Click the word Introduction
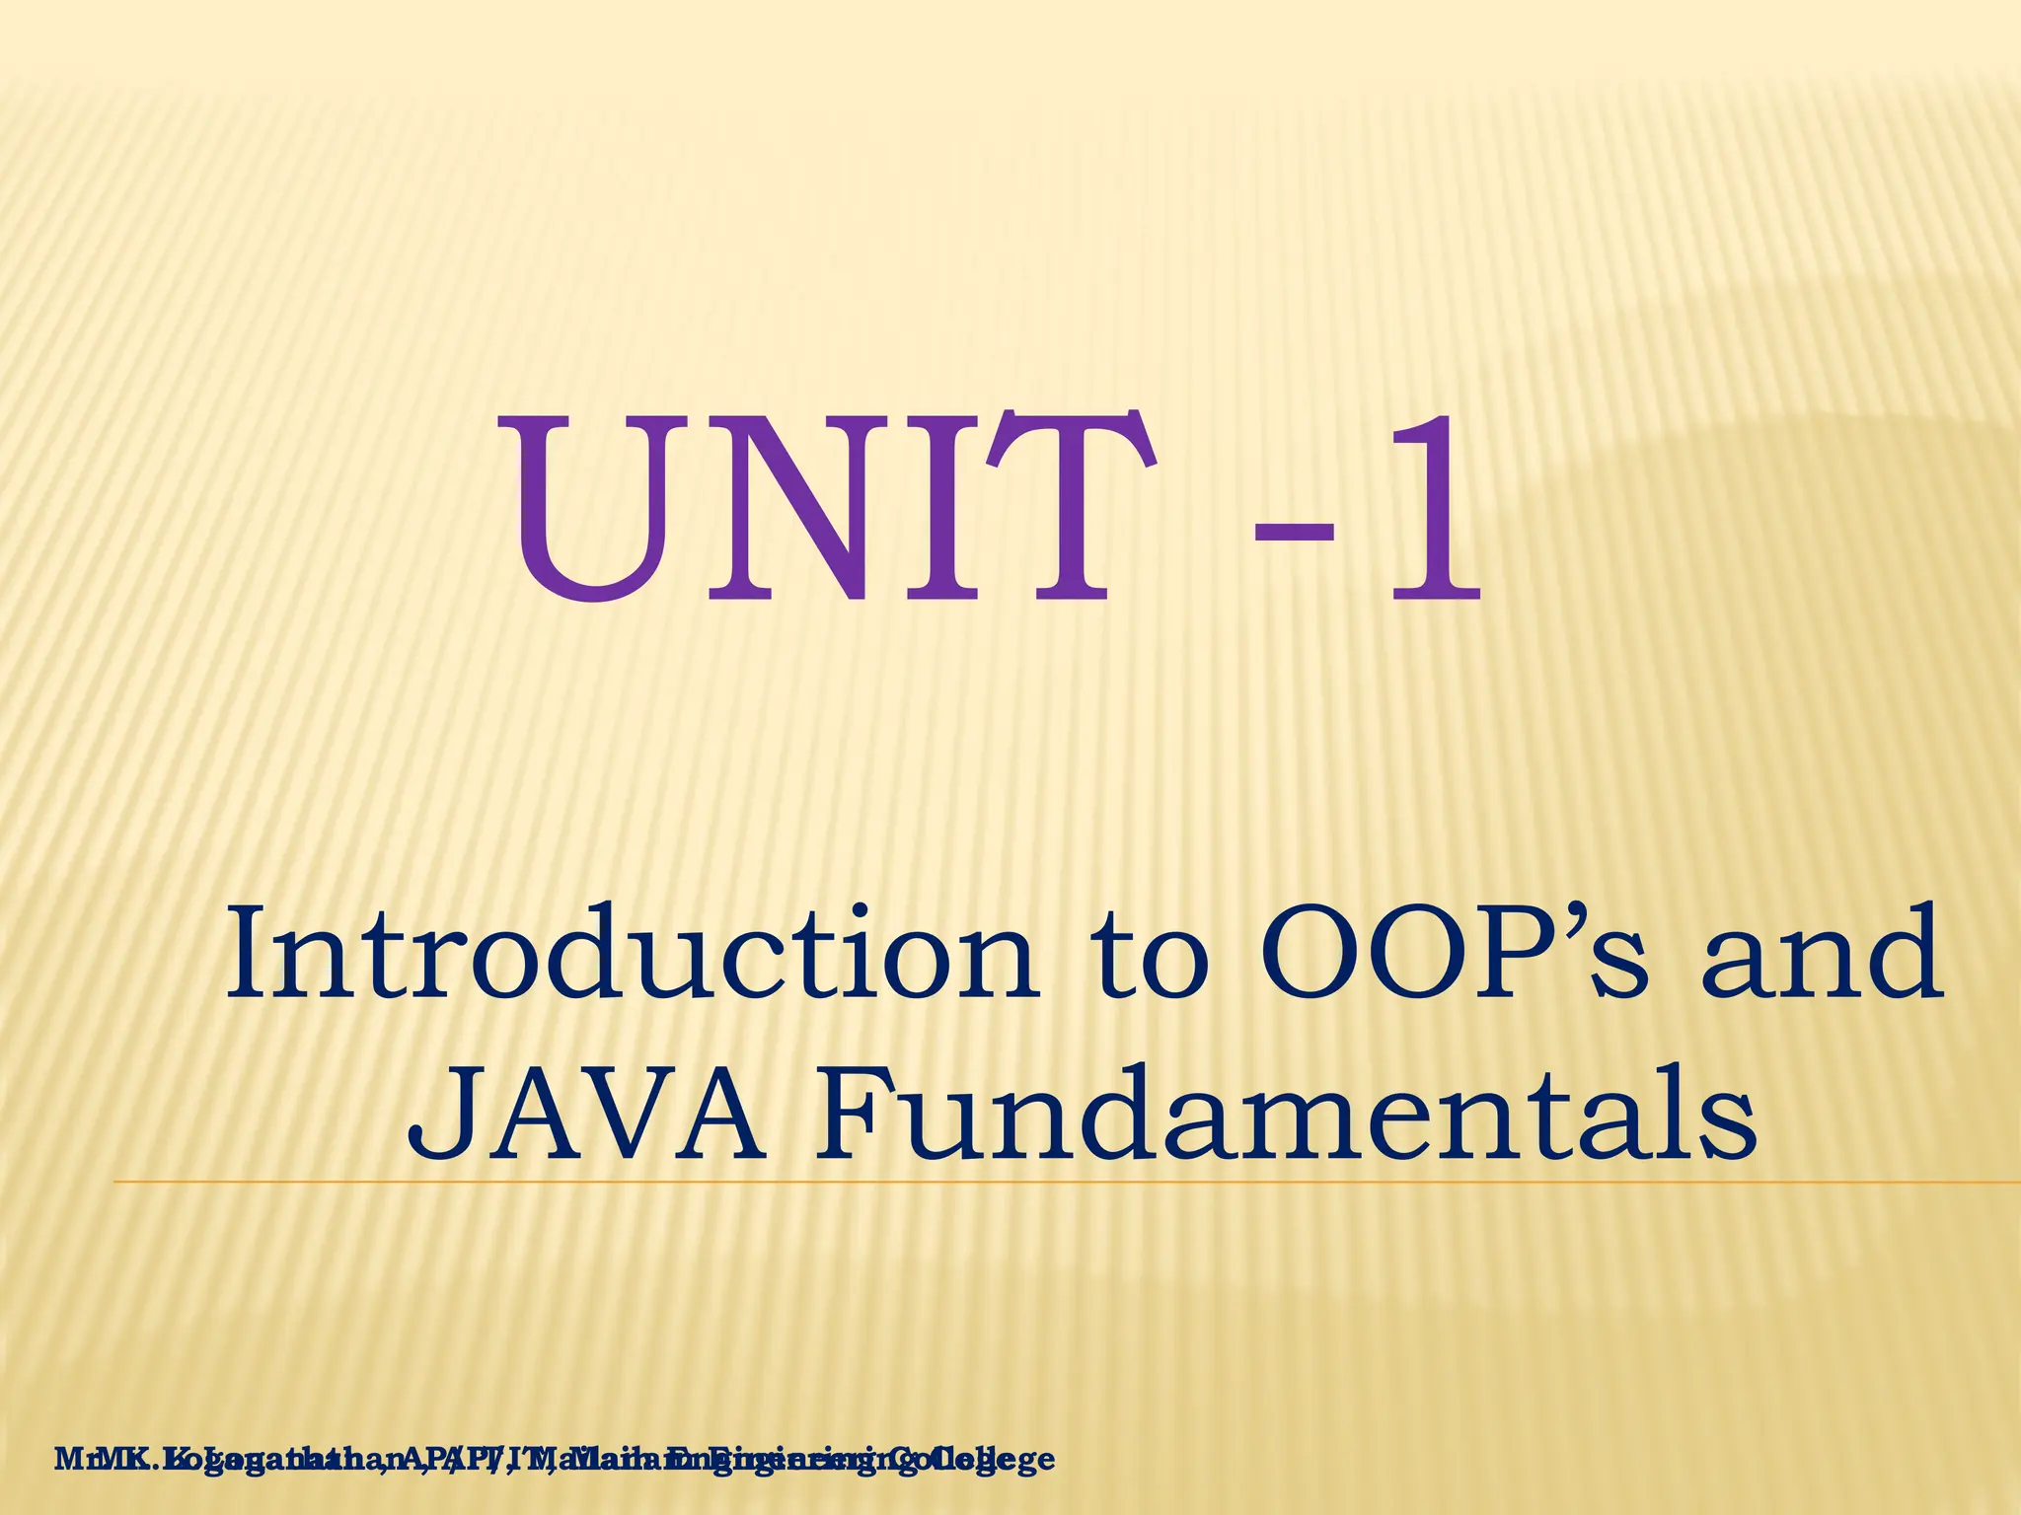[x=632, y=955]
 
